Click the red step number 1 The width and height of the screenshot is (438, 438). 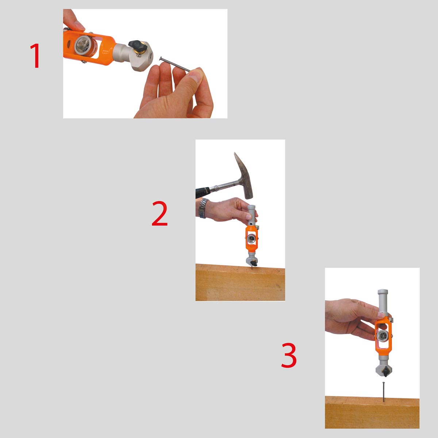[x=35, y=56]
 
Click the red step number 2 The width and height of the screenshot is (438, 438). [x=160, y=213]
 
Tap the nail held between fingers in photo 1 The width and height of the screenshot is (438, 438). [x=175, y=64]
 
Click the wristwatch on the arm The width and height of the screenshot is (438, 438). [x=203, y=208]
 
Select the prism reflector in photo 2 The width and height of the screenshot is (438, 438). [x=251, y=239]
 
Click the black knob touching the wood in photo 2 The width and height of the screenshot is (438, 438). [x=254, y=264]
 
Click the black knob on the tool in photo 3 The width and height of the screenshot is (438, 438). [x=385, y=371]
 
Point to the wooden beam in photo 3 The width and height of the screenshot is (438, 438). [x=372, y=412]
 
